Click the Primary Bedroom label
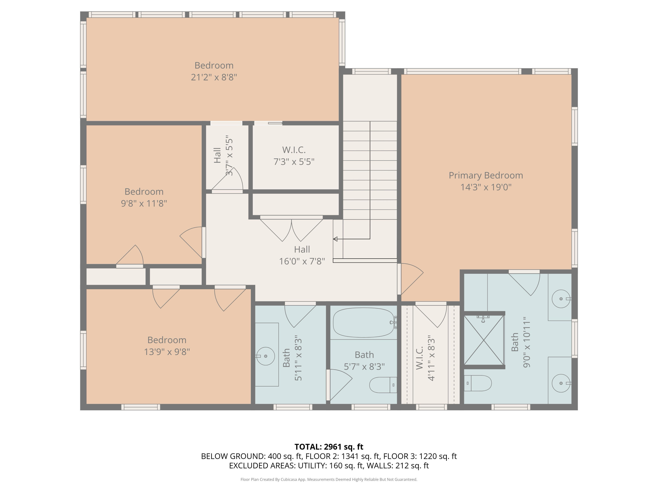click(x=486, y=175)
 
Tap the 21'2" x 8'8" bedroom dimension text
click(x=214, y=77)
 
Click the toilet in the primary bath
click(x=478, y=383)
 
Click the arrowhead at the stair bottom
click(x=335, y=239)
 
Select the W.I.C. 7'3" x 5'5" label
click(x=294, y=156)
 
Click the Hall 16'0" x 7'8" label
click(x=302, y=255)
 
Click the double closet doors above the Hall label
click(x=291, y=229)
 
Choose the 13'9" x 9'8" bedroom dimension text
click(x=167, y=352)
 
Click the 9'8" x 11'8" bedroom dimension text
click(x=144, y=204)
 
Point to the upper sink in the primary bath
click(x=561, y=299)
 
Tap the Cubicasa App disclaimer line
click(x=329, y=479)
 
